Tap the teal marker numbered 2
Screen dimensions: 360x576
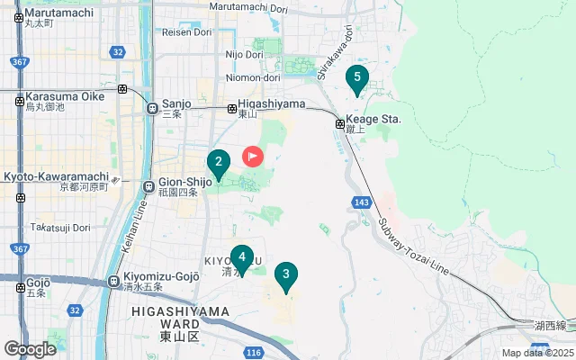pos(217,164)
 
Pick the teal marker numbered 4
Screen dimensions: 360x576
pos(241,257)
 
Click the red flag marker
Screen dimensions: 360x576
pos(253,157)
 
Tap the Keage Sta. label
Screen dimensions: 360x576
pos(378,119)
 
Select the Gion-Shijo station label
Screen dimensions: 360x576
pos(184,181)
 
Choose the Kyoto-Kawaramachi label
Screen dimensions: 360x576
pos(57,176)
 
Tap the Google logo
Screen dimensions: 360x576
pos(30,348)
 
